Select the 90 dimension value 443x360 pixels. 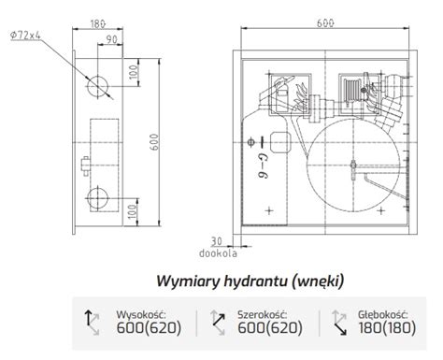coord(111,38)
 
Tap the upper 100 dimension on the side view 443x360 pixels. coord(133,72)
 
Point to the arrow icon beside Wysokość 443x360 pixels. coord(94,323)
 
